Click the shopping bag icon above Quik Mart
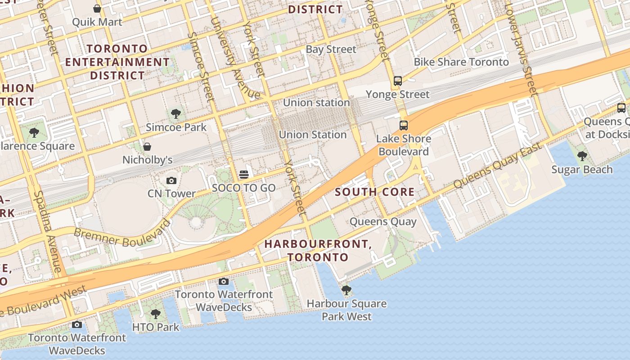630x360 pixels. [97, 8]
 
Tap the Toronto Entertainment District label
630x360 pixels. [117, 62]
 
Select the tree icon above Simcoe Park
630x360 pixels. [176, 114]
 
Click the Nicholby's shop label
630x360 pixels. [148, 160]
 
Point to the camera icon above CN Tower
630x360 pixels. [171, 180]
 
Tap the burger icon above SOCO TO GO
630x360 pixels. [244, 174]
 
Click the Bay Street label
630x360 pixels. [331, 49]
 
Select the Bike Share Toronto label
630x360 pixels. [461, 62]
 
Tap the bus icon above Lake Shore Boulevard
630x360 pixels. [404, 126]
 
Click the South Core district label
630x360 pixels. [375, 192]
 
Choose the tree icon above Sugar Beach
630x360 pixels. [582, 156]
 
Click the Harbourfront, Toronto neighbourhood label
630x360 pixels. [318, 250]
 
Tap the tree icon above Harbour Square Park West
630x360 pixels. [346, 290]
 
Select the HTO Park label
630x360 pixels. [156, 327]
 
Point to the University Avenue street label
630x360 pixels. [237, 58]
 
